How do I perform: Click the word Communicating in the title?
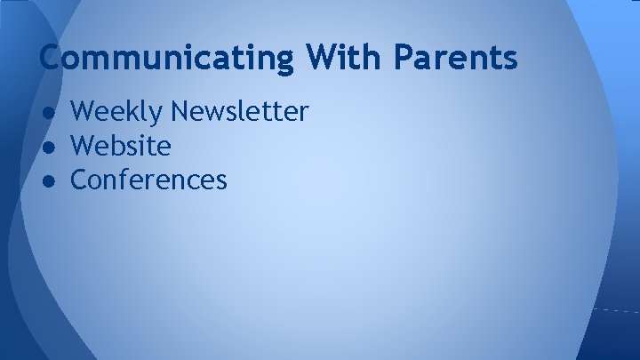167,58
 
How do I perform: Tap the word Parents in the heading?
456,58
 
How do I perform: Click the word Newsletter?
240,112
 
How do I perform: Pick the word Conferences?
148,180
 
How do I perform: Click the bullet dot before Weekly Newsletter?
50,113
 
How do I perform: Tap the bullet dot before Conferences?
50,181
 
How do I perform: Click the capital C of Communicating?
52,58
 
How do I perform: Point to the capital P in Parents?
405,58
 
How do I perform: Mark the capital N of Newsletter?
181,112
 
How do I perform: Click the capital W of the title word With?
325,58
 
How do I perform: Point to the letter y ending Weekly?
158,116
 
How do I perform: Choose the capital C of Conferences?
79,180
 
